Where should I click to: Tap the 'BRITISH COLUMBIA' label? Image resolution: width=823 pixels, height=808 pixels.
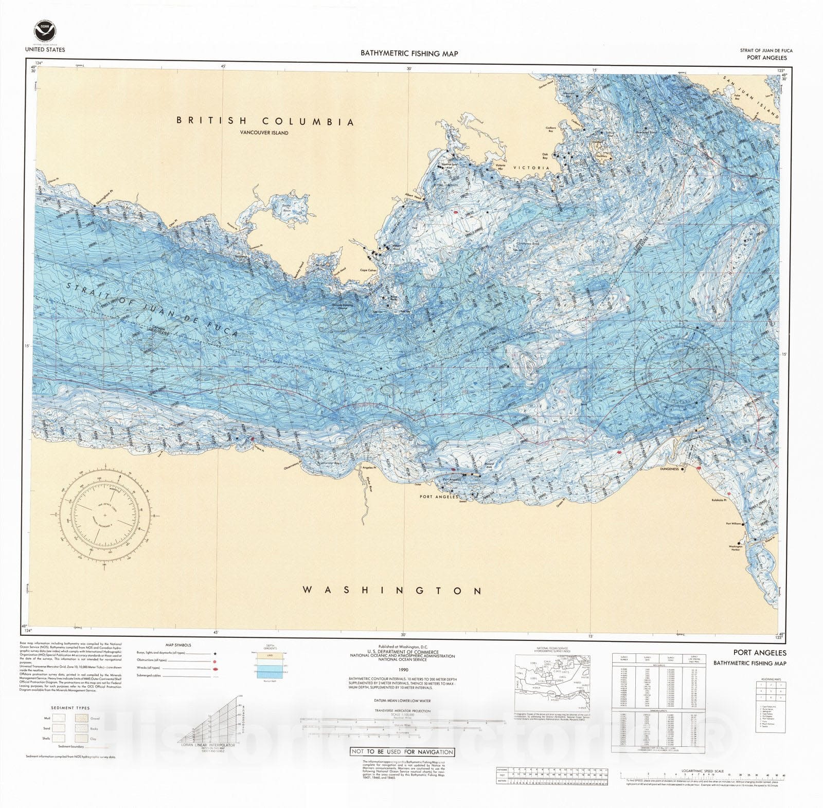point(265,122)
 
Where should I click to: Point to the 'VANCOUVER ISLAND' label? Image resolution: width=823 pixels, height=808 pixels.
point(264,133)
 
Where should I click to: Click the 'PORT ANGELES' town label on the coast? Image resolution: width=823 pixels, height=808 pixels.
point(439,497)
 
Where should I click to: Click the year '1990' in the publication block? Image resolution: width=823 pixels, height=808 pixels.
point(403,670)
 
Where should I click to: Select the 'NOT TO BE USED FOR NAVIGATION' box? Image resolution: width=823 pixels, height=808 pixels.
point(402,751)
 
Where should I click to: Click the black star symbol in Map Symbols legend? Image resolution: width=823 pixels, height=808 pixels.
point(213,653)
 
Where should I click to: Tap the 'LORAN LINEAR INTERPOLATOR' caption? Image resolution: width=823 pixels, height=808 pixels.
point(206,744)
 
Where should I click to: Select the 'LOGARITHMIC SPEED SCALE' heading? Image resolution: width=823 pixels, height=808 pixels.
point(703,771)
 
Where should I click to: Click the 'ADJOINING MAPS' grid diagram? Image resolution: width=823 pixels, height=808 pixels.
point(770,691)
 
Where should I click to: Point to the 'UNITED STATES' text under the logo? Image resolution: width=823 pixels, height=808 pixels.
point(45,50)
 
